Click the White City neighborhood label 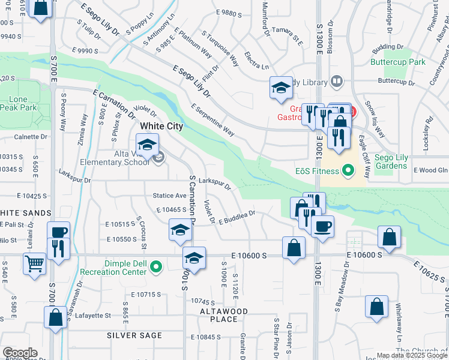click(161, 127)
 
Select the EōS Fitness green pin click(347, 171)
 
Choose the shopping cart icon click(35, 263)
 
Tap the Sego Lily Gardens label click(391, 162)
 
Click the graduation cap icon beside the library click(280, 88)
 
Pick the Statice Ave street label click(170, 196)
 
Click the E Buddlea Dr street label click(237, 217)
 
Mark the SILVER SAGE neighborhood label click(134, 335)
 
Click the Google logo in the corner click(20, 353)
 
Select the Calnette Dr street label click(31, 137)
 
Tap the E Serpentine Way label click(212, 119)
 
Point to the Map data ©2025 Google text click(412, 355)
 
